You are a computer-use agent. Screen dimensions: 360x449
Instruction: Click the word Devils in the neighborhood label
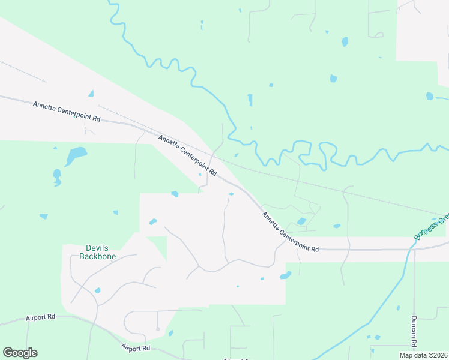point(98,248)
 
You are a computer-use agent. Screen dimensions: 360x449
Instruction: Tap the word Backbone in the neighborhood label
point(98,256)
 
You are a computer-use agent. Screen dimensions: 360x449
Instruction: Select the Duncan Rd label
point(414,331)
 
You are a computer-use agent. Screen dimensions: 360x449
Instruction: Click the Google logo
point(20,353)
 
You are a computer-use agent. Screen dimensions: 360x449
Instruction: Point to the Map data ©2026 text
point(423,355)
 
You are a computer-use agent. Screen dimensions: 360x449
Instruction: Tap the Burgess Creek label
point(431,226)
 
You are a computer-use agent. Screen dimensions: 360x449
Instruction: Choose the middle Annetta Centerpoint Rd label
point(187,155)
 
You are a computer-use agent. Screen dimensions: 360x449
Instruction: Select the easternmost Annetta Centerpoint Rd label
point(290,231)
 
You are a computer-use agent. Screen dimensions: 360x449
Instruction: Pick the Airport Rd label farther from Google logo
point(135,348)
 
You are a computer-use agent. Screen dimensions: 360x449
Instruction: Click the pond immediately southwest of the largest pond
point(57,175)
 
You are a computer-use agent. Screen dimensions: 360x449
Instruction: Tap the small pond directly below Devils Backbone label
point(97,290)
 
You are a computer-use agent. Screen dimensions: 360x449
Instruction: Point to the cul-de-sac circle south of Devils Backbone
point(157,329)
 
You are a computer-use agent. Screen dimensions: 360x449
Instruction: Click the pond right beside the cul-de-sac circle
point(170,333)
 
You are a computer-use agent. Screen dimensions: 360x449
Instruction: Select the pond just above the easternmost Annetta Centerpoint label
point(301,221)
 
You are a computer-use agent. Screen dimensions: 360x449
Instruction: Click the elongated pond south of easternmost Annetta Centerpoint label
point(285,275)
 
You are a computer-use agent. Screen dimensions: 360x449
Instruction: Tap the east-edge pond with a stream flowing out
point(430,96)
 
